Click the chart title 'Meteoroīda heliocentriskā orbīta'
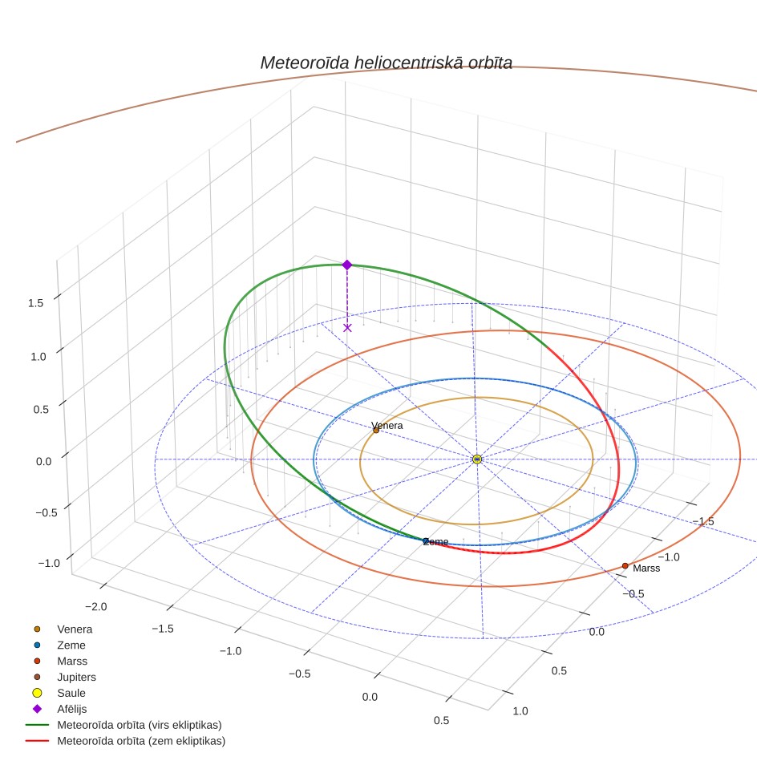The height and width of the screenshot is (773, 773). pos(386,63)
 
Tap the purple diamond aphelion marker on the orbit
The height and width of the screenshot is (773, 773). pos(347,265)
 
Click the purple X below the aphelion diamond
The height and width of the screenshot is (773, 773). pos(347,328)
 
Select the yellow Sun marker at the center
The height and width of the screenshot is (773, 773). pos(477,459)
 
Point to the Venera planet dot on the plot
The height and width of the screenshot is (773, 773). pos(376,431)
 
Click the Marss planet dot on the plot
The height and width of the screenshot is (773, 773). pos(625,566)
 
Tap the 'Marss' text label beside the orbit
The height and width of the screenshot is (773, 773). pos(646,569)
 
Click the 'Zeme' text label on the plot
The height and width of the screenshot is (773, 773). pos(435,542)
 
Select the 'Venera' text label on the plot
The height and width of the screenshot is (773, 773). pos(387,426)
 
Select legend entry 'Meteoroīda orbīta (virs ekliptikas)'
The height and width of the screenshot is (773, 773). pos(123,725)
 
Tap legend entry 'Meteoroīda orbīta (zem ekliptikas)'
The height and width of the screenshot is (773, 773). pos(126,741)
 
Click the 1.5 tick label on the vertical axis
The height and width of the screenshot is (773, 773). pos(35,303)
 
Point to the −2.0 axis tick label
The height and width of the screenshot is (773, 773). pos(95,607)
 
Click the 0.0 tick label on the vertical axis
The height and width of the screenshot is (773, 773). pos(43,462)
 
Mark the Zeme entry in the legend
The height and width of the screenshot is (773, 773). pos(59,646)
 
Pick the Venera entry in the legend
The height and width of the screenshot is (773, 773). pos(63,629)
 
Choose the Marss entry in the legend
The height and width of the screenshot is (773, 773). pos(60,661)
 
